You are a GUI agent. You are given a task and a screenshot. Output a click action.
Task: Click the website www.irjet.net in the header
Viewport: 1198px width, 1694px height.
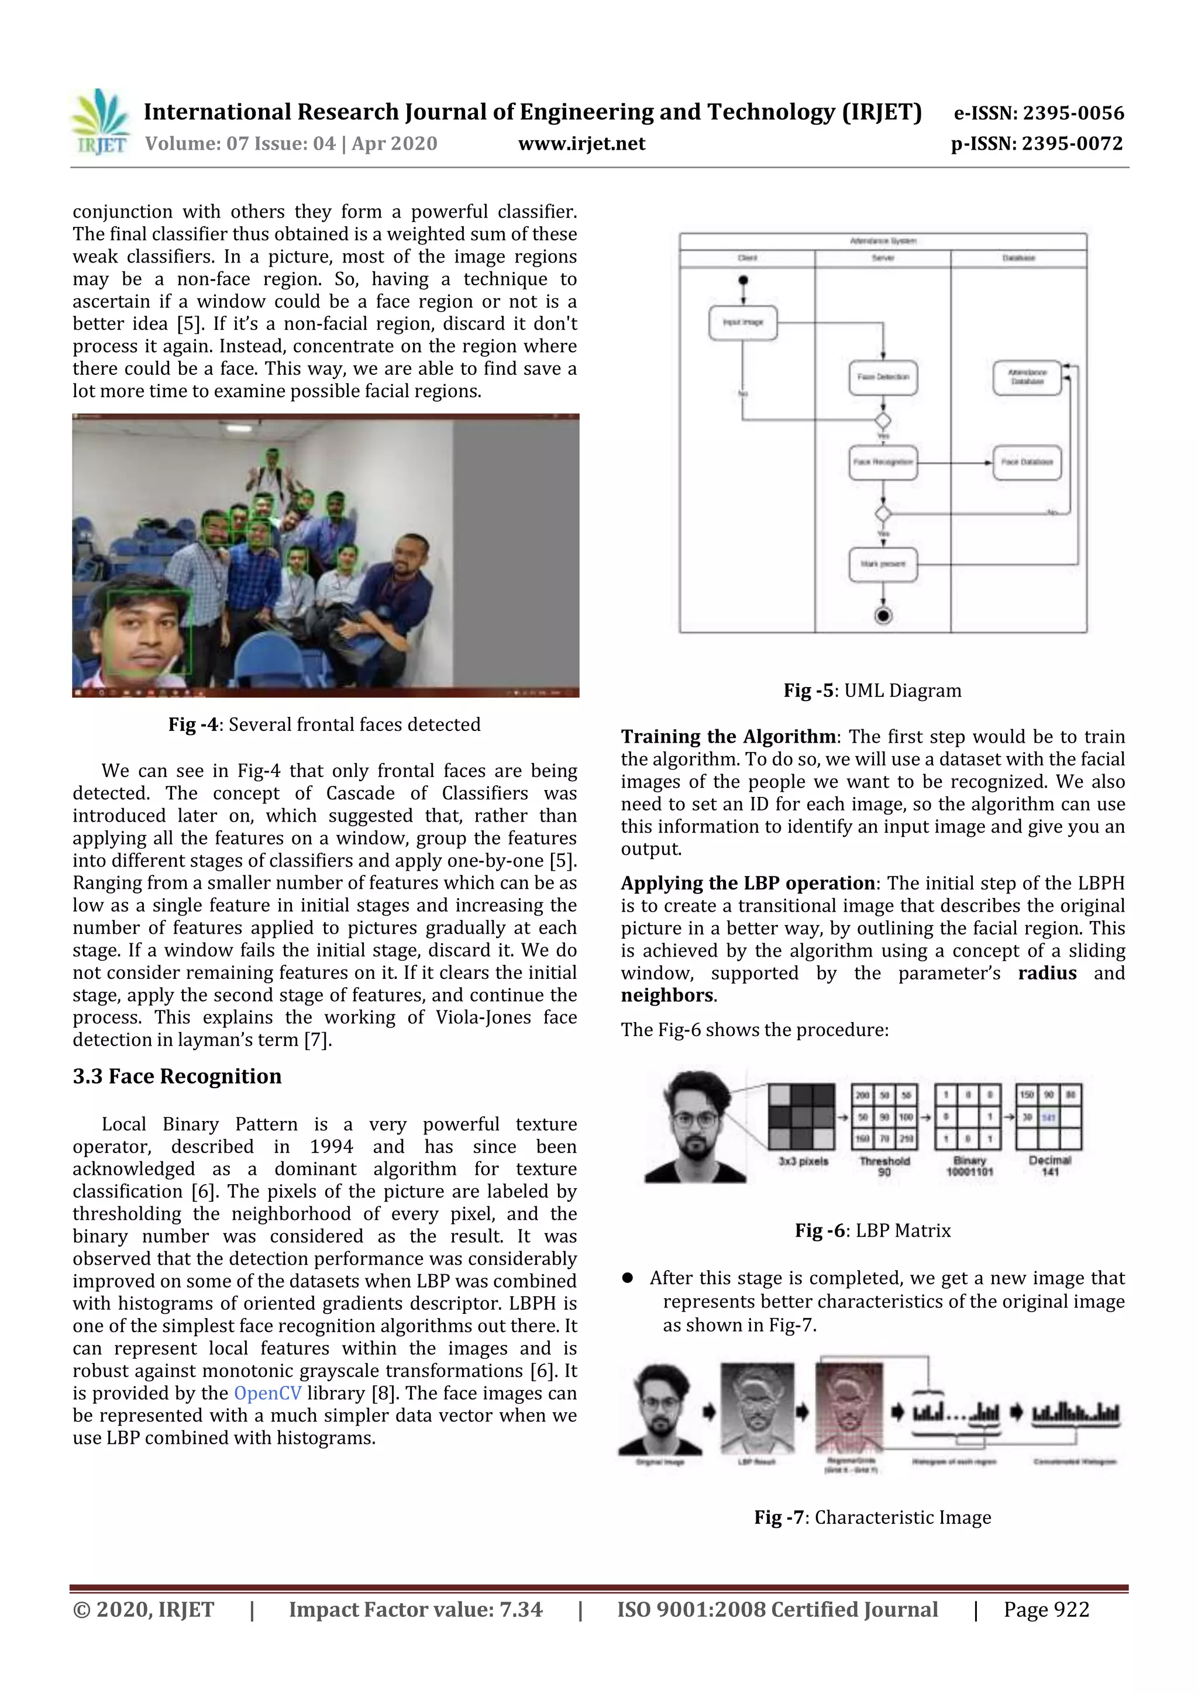point(581,144)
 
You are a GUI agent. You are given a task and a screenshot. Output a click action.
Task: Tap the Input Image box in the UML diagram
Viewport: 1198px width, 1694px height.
point(742,322)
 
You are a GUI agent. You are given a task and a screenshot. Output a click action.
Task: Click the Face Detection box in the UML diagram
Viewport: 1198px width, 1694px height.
point(883,377)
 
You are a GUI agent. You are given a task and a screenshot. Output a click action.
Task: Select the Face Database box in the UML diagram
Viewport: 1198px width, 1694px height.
point(1027,462)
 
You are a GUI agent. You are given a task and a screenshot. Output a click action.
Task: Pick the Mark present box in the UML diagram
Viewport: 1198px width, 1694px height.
point(883,564)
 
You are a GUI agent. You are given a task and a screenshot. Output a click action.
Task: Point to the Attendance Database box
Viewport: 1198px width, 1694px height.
point(1027,378)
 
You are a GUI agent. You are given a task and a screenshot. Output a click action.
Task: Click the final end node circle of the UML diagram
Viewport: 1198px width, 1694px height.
point(883,615)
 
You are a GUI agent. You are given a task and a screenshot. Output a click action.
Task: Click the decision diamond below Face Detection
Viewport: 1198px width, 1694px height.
point(883,420)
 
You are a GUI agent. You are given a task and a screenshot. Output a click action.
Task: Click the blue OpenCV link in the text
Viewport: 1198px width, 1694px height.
point(267,1393)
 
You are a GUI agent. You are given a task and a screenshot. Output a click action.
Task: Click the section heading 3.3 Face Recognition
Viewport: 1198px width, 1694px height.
point(177,1077)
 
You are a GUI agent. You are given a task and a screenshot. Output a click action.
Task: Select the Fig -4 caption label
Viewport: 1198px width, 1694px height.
point(192,724)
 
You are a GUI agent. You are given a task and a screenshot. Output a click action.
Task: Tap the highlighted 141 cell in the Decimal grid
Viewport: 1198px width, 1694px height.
point(1049,1117)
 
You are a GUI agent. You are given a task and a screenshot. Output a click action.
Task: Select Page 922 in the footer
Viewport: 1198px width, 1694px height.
point(1046,1609)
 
